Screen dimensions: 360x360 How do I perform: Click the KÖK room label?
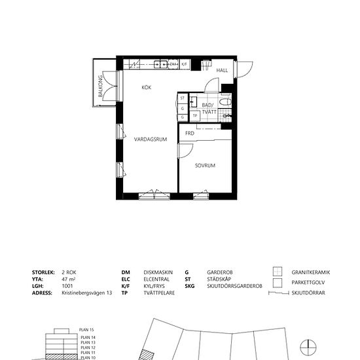coord(147,87)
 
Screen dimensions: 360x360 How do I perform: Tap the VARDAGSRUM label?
coord(151,139)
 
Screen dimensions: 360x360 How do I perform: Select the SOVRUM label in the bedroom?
coord(205,166)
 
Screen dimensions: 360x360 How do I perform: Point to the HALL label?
coord(222,71)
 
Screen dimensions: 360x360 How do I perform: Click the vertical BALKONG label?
coord(101,88)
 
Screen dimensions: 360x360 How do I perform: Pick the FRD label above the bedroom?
coord(190,134)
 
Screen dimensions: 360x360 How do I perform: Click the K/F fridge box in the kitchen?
coord(185,64)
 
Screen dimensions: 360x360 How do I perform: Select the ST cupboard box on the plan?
coord(182,98)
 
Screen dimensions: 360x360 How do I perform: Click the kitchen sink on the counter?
coord(160,64)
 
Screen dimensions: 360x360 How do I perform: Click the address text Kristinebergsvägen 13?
coord(87,294)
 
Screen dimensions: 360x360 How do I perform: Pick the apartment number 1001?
coord(67,287)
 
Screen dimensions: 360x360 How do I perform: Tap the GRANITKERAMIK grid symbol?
coord(277,272)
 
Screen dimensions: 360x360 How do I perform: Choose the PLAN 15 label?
coord(87,329)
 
